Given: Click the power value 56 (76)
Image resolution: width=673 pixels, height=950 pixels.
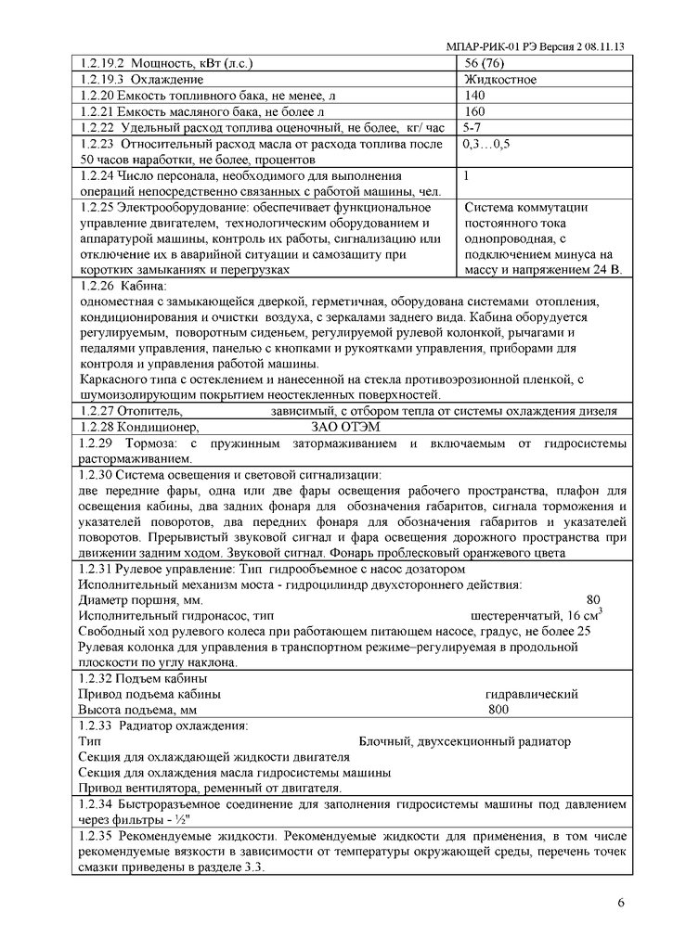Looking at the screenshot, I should click(484, 64).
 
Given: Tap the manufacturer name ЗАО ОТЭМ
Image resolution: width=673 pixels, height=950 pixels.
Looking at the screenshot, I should click(344, 427).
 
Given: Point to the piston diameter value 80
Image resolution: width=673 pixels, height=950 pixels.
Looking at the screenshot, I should click(594, 599).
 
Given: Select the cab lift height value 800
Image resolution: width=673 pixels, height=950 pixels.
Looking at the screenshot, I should click(499, 710).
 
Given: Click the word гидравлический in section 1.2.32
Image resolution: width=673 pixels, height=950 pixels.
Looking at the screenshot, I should click(532, 694).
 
